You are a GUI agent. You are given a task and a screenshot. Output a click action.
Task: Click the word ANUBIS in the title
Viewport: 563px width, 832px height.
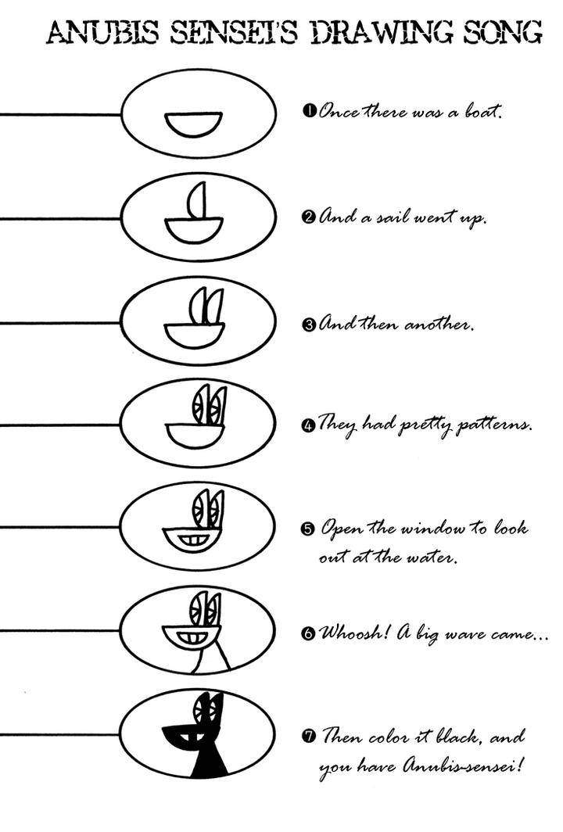[x=103, y=33]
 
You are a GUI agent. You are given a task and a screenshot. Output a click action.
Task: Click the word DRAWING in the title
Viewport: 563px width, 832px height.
[x=382, y=33]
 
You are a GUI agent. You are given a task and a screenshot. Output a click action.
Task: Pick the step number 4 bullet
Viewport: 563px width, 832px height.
[x=308, y=425]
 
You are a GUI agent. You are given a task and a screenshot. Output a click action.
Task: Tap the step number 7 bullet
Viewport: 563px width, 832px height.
[x=309, y=736]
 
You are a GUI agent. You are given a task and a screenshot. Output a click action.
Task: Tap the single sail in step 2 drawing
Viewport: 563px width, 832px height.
[x=197, y=200]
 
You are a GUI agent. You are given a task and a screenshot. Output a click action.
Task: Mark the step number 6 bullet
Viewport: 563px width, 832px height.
[x=308, y=633]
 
